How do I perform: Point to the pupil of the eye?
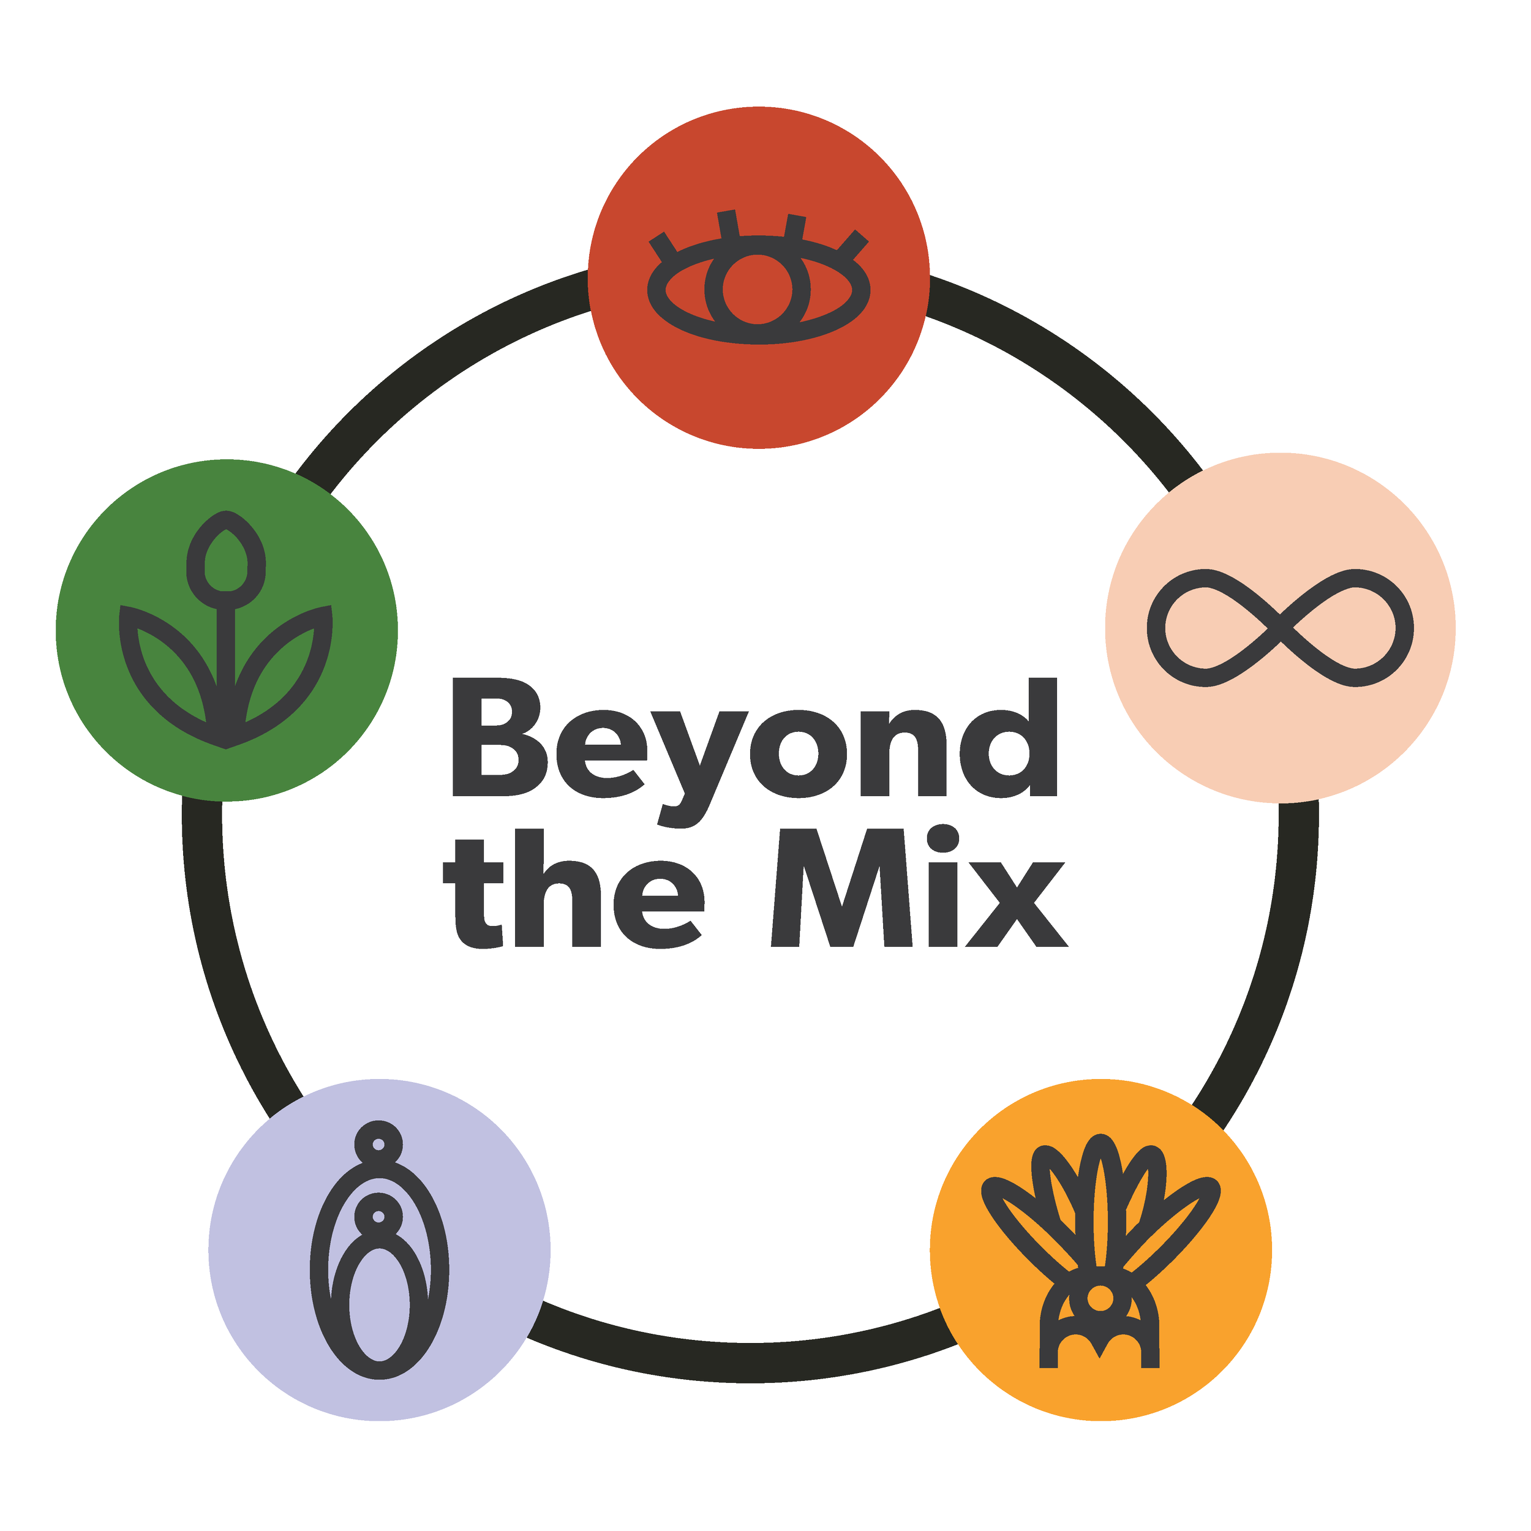pyautogui.click(x=758, y=289)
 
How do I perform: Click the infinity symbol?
pyautogui.click(x=1280, y=628)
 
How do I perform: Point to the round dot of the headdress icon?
pyautogui.click(x=1099, y=1297)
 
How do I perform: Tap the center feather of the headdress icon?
pyautogui.click(x=1099, y=1205)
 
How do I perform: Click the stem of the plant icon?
pyautogui.click(x=226, y=658)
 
